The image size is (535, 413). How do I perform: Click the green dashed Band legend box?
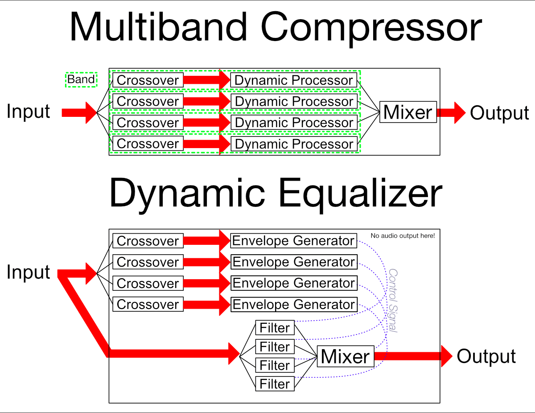[x=81, y=80]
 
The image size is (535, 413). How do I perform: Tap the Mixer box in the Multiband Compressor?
[x=408, y=112]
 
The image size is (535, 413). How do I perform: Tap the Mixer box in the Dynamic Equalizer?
[x=345, y=356]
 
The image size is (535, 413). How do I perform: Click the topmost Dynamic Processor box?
[x=294, y=80]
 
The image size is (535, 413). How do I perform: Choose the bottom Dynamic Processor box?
[x=294, y=144]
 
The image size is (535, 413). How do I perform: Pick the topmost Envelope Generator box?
[x=294, y=241]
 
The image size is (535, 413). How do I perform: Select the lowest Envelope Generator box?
[x=294, y=305]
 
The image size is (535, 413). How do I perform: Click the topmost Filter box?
[x=275, y=328]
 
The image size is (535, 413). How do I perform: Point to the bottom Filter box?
[x=275, y=384]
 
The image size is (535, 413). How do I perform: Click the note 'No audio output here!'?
[x=403, y=235]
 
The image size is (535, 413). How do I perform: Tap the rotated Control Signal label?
[x=393, y=300]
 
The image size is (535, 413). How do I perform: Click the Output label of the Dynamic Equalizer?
[x=486, y=357]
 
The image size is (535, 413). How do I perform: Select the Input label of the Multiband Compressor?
[x=28, y=112]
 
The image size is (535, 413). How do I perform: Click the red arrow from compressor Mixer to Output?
[x=451, y=112]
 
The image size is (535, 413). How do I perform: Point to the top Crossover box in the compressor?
[x=148, y=80]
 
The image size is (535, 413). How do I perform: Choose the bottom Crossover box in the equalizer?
[x=148, y=305]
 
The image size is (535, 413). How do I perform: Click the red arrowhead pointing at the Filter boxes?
[x=234, y=354]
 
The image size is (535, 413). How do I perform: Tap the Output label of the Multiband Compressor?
[x=499, y=113]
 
